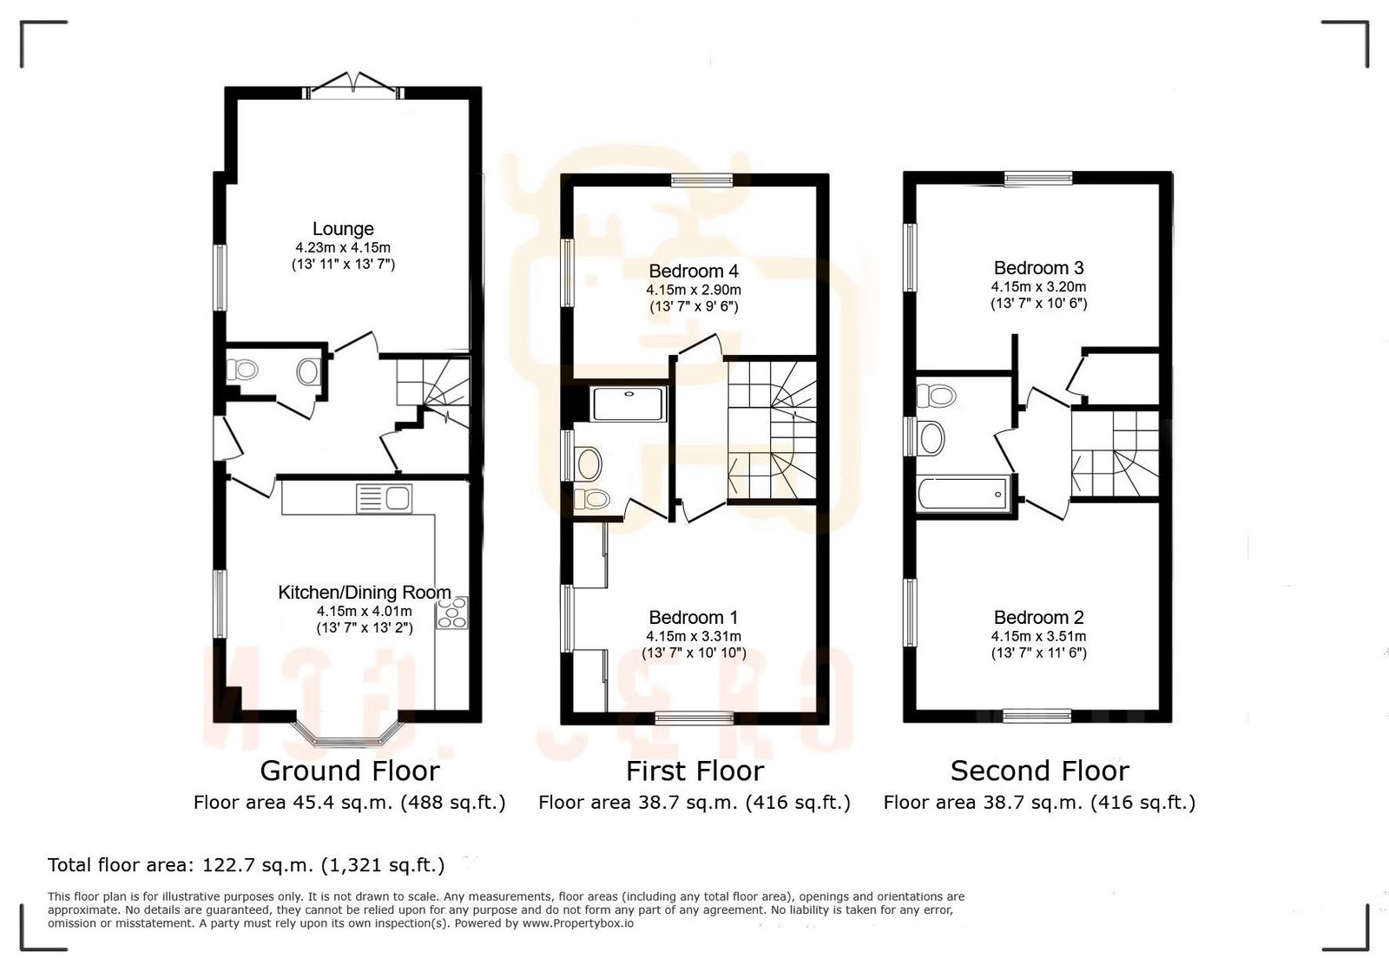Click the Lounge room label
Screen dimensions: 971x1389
click(343, 229)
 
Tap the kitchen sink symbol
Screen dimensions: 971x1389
click(385, 499)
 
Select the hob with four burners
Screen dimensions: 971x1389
click(453, 613)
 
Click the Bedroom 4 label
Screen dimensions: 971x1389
click(693, 271)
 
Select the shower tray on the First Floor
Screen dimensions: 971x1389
click(628, 404)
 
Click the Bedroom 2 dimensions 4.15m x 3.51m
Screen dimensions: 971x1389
click(1038, 636)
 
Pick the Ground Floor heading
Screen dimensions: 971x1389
click(350, 771)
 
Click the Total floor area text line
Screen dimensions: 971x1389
click(246, 865)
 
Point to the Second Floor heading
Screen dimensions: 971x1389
click(1039, 771)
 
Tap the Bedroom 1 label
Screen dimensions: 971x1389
click(693, 618)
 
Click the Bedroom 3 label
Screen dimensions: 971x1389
click(1038, 268)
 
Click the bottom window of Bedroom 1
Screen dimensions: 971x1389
click(694, 717)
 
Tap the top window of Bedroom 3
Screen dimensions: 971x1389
click(1038, 180)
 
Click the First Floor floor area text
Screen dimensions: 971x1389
click(694, 803)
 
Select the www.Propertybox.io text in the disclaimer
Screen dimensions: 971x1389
click(577, 923)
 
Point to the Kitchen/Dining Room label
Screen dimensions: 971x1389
click(364, 593)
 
